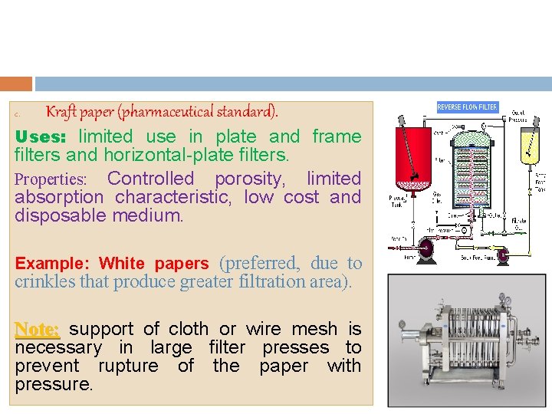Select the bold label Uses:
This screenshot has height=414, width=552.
pyautogui.click(x=42, y=136)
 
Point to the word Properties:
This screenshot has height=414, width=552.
pyautogui.click(x=51, y=179)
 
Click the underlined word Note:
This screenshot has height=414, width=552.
pyautogui.click(x=37, y=329)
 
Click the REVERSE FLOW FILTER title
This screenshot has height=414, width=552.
pyautogui.click(x=467, y=107)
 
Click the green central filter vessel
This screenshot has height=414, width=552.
pyautogui.click(x=468, y=172)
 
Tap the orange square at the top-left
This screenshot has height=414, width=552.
pyautogui.click(x=16, y=84)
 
